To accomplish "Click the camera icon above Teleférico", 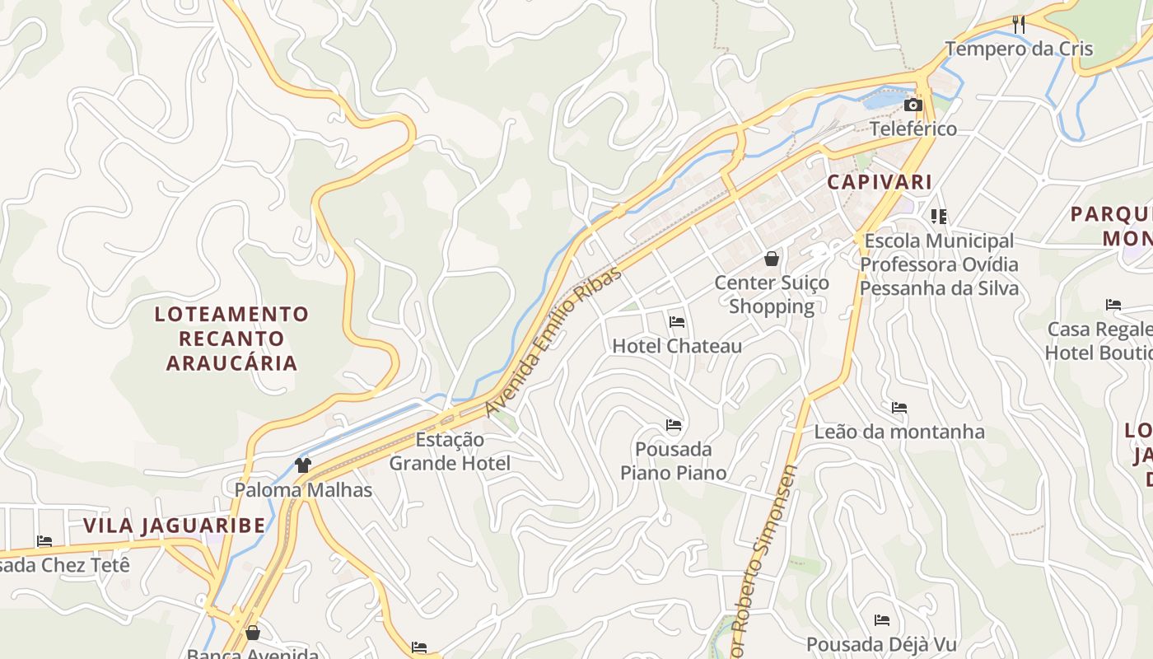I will pos(913,105).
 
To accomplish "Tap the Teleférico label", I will pos(913,129).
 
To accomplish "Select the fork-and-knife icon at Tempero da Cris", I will pos(1019,25).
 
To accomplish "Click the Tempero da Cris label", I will pos(1019,49).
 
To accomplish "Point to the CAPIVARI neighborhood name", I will pos(880,182).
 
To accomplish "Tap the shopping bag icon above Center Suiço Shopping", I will pos(772,259).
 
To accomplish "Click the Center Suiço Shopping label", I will pos(772,295).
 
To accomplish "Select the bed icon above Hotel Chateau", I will pos(677,321).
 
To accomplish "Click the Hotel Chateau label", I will pos(677,346).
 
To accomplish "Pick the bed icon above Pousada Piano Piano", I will pos(674,425).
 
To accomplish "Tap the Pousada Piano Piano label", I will pos(674,461).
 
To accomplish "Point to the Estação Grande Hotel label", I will pos(450,451).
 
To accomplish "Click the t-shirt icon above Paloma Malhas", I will pos(303,465).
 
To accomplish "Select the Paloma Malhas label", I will pos(303,490).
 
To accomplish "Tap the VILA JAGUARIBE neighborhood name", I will pos(175,526).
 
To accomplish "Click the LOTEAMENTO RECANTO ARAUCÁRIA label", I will pos(231,339).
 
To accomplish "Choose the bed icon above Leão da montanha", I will pos(899,408).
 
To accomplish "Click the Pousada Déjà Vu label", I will pos(882,644).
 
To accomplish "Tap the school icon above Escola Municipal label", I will pos(938,217).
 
